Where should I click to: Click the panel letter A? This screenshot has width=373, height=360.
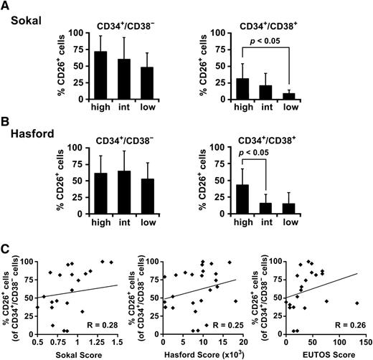6,6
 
